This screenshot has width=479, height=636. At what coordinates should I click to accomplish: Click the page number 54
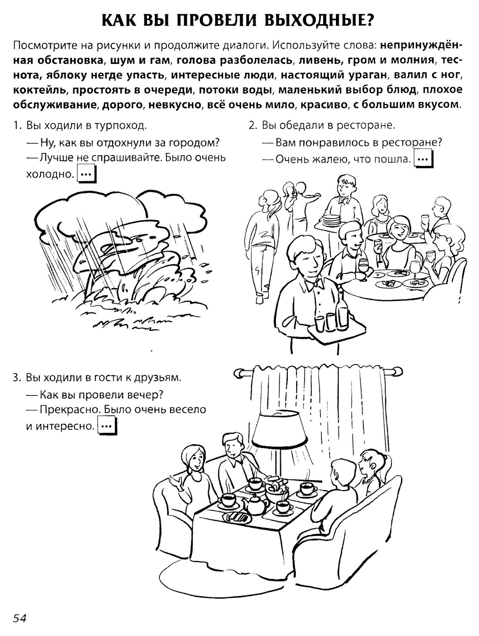pos(19,619)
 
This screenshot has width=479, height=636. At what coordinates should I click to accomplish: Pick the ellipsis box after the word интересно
pos(108,426)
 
